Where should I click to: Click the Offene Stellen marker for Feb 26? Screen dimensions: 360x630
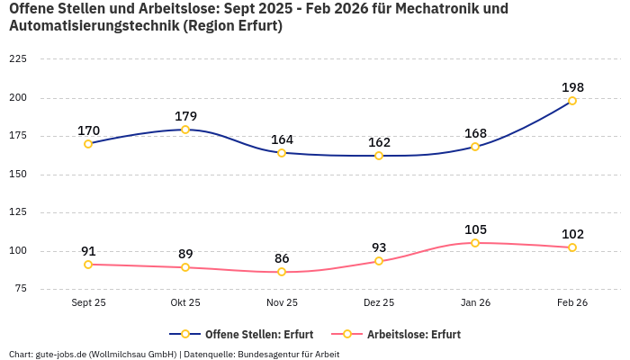(x=572, y=101)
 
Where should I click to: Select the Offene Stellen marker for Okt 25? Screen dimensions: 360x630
(x=185, y=130)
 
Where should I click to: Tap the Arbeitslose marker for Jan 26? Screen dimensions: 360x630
(x=475, y=243)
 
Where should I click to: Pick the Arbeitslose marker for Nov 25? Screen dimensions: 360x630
(x=282, y=272)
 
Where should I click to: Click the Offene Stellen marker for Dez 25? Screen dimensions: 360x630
(x=379, y=156)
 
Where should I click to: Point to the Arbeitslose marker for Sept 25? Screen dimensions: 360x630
(x=88, y=265)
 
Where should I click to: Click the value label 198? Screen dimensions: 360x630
(x=572, y=87)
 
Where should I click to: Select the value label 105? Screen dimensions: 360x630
(x=475, y=229)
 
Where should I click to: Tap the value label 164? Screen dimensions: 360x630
(x=282, y=139)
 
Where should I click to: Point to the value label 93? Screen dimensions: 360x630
(x=379, y=247)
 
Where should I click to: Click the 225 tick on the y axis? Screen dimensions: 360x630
(x=17, y=59)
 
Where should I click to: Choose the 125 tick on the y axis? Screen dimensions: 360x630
(x=17, y=212)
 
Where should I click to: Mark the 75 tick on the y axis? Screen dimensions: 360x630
(x=20, y=289)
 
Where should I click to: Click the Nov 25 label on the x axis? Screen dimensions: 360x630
(x=282, y=303)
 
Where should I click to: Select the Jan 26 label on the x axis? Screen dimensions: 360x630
(x=475, y=303)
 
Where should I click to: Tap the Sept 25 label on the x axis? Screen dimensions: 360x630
(x=88, y=303)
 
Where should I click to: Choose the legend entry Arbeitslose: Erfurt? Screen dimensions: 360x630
(x=413, y=335)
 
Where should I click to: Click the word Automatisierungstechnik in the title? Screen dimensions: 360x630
(x=94, y=26)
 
